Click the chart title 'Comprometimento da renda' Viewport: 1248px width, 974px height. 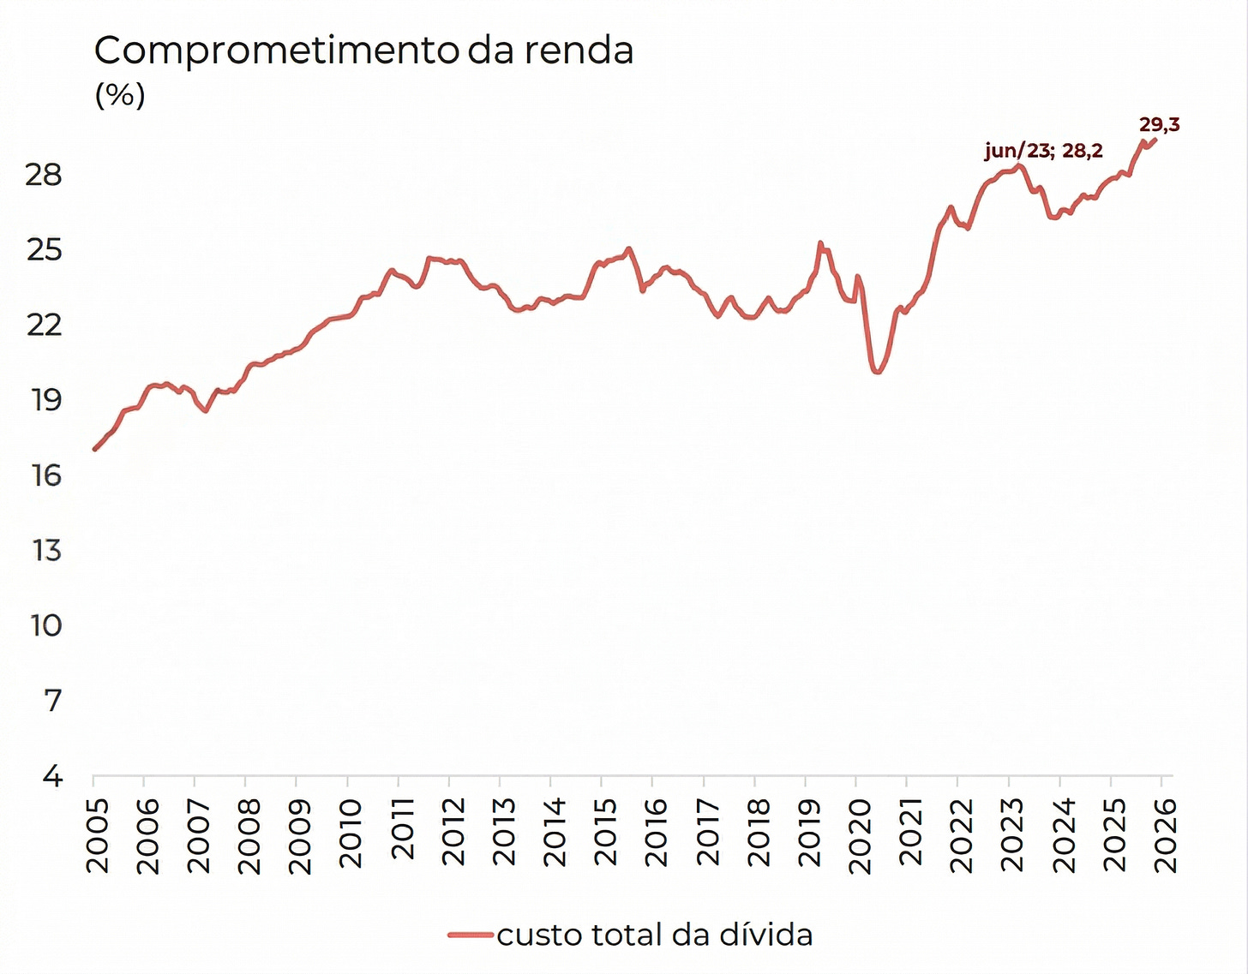pyautogui.click(x=363, y=51)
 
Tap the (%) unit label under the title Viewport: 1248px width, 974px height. pyautogui.click(x=120, y=94)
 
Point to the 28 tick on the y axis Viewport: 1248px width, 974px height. pyautogui.click(x=43, y=175)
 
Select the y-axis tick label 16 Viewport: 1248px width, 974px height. pyautogui.click(x=46, y=475)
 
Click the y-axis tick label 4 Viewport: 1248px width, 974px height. pyautogui.click(x=53, y=776)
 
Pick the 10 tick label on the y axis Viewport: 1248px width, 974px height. pyautogui.click(x=46, y=625)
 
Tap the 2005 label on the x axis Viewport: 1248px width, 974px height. pyautogui.click(x=98, y=835)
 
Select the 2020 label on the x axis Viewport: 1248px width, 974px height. pyautogui.click(x=860, y=835)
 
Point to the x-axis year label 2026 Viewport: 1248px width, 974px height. pyautogui.click(x=1166, y=835)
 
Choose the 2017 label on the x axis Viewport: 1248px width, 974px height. pyautogui.click(x=707, y=835)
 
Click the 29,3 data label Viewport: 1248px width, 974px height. pyautogui.click(x=1159, y=125)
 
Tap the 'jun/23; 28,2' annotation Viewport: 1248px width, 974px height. pyautogui.click(x=1043, y=152)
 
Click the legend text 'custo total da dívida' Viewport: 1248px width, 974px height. pyautogui.click(x=655, y=935)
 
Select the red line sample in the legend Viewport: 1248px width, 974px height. pyautogui.click(x=471, y=935)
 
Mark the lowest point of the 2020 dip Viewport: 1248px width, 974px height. pyautogui.click(x=876, y=372)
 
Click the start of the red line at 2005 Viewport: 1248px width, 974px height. pyautogui.click(x=94, y=449)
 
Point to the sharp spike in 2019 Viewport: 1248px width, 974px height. pyautogui.click(x=820, y=243)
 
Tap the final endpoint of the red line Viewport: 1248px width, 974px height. pyautogui.click(x=1156, y=139)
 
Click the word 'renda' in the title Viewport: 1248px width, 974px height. pyautogui.click(x=579, y=51)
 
